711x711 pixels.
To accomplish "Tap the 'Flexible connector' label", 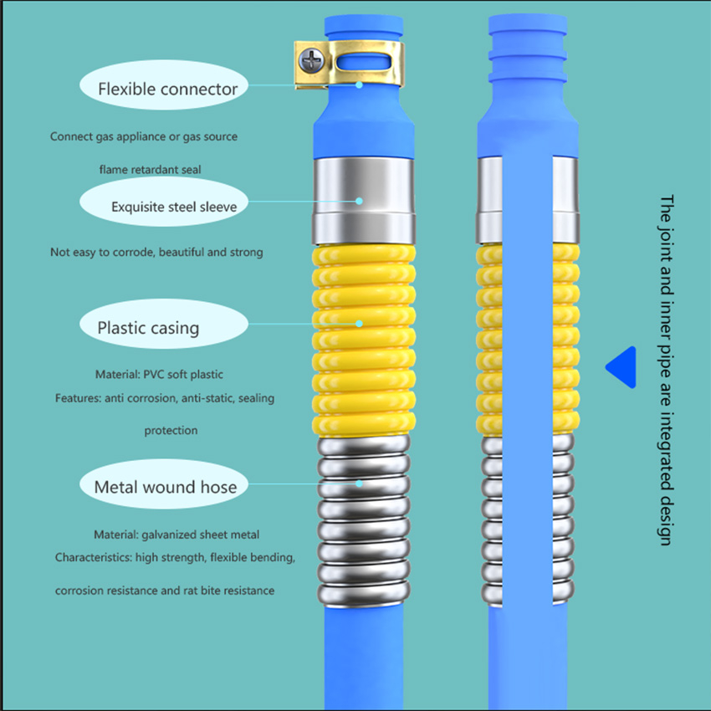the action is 167,89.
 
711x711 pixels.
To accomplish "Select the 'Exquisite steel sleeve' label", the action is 175,206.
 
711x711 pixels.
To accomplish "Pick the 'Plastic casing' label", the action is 148,327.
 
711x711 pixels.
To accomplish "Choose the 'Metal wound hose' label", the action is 165,487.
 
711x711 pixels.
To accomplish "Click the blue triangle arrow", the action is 623,368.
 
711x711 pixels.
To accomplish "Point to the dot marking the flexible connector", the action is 360,84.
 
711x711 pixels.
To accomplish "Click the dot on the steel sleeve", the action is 360,201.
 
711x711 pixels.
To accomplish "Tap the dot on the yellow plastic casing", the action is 360,322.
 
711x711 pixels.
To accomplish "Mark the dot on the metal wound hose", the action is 360,483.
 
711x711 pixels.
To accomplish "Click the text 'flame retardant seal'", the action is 150,170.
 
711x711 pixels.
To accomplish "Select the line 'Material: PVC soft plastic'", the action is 159,374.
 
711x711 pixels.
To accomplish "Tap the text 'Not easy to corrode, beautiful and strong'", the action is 156,252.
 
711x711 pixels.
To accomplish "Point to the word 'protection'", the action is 171,431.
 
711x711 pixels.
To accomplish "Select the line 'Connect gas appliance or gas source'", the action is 143,136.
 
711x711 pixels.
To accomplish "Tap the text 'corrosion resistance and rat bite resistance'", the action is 165,591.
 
